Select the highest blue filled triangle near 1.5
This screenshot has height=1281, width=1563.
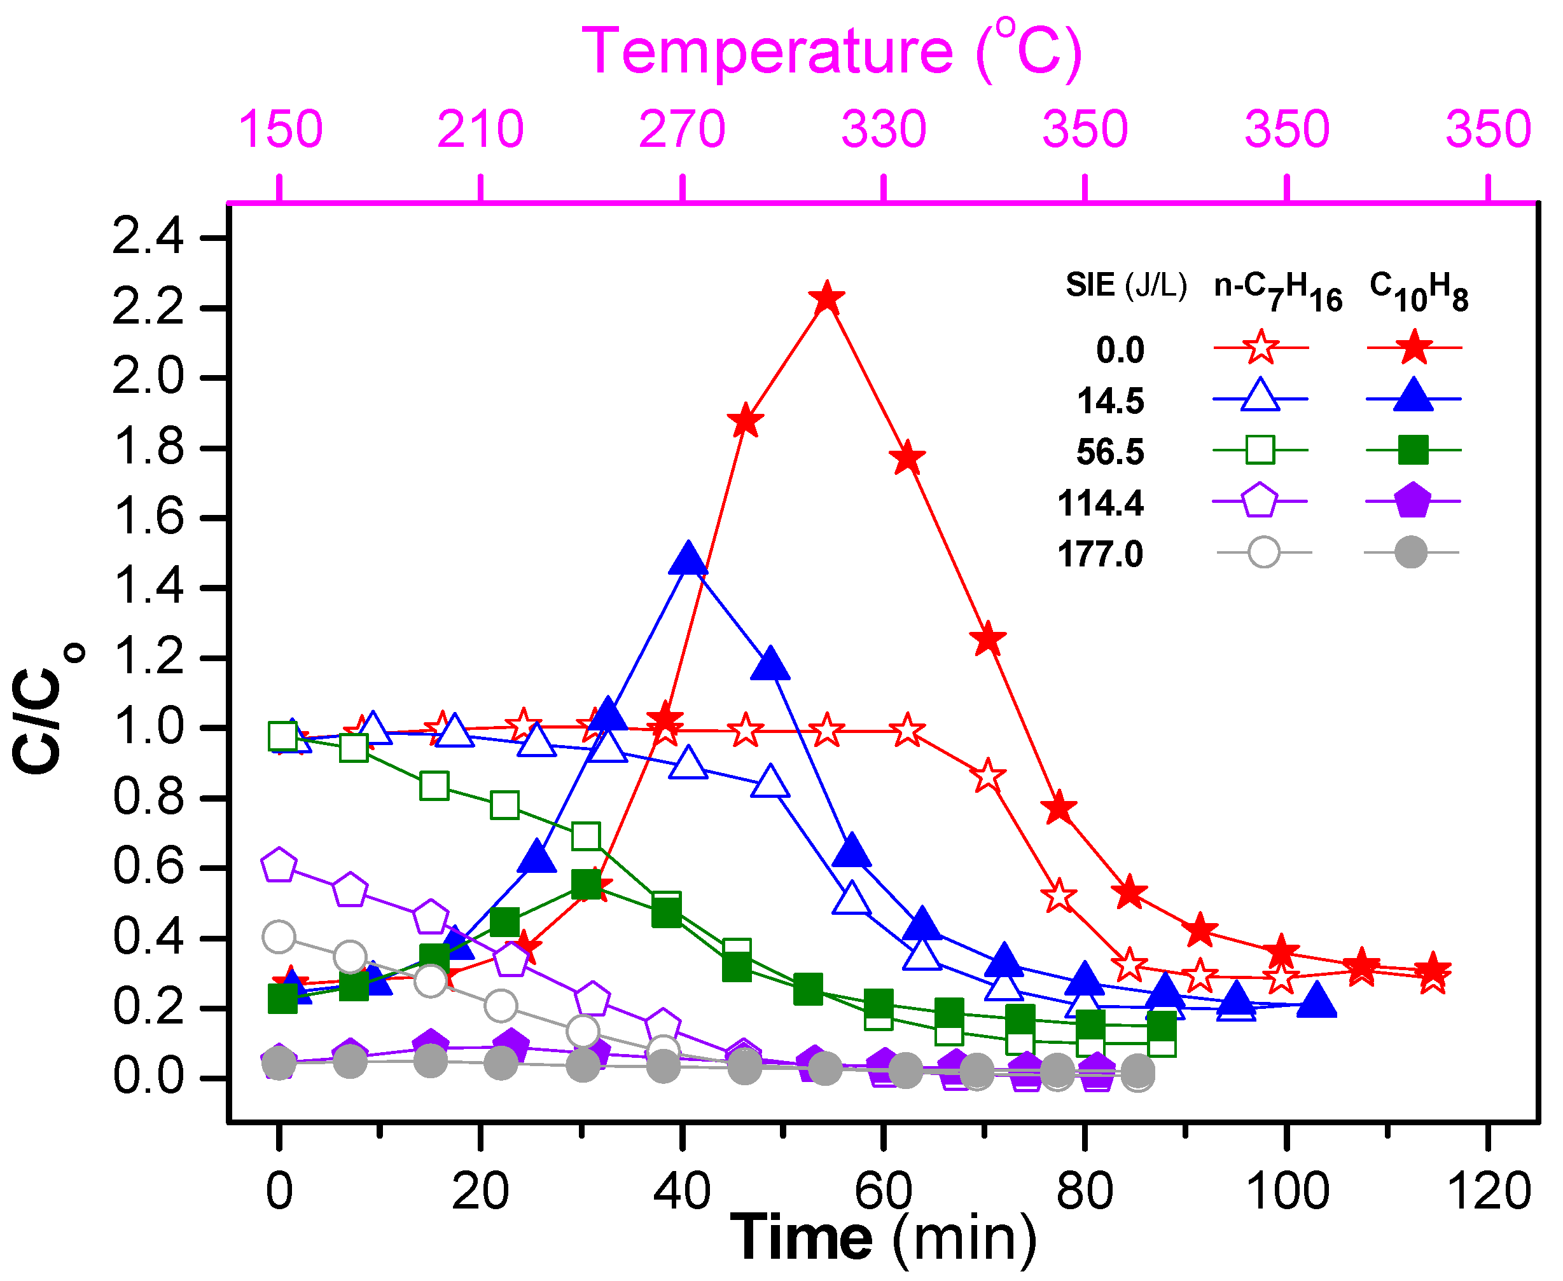click(x=688, y=559)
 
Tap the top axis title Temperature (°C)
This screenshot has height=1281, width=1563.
click(x=832, y=51)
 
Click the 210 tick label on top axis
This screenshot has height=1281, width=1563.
click(x=481, y=129)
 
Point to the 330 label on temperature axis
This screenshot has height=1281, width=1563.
click(x=884, y=129)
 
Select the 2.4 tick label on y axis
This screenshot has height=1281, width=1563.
click(x=148, y=238)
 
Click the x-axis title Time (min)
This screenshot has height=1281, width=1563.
click(x=883, y=1238)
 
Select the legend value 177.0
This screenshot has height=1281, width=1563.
click(x=1100, y=554)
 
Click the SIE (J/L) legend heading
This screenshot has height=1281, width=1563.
click(x=1126, y=285)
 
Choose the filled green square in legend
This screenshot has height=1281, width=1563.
click(x=1413, y=449)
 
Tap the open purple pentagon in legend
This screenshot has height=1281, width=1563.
click(x=1260, y=501)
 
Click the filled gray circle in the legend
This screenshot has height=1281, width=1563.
click(x=1411, y=552)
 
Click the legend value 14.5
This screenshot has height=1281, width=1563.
click(x=1111, y=401)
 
